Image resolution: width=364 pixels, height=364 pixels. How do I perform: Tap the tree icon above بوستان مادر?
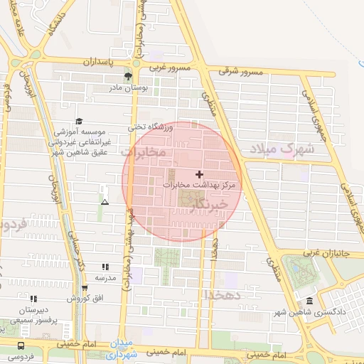(x=129, y=75)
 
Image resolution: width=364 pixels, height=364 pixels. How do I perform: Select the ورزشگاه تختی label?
(x=150, y=127)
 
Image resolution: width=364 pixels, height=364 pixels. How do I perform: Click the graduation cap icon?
(x=79, y=121)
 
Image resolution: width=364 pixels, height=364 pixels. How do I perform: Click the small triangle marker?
(x=105, y=203)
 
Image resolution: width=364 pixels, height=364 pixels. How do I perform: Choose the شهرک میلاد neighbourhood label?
(x=277, y=149)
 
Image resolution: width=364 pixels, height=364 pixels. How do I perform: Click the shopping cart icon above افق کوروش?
(x=85, y=288)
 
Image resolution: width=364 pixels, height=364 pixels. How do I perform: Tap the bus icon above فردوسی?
(x=14, y=347)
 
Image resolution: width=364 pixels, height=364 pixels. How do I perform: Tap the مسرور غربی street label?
(x=168, y=68)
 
